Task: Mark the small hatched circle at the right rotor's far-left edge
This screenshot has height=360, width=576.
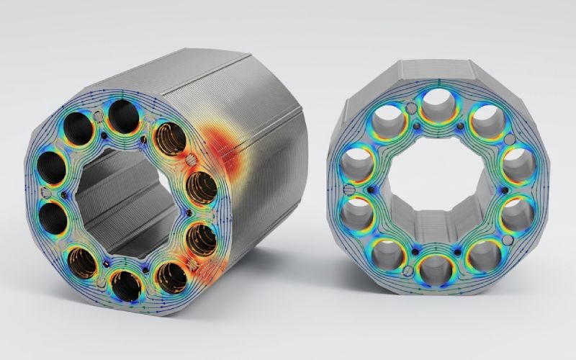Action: click(348, 189)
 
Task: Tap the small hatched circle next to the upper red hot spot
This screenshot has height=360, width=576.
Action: click(190, 160)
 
